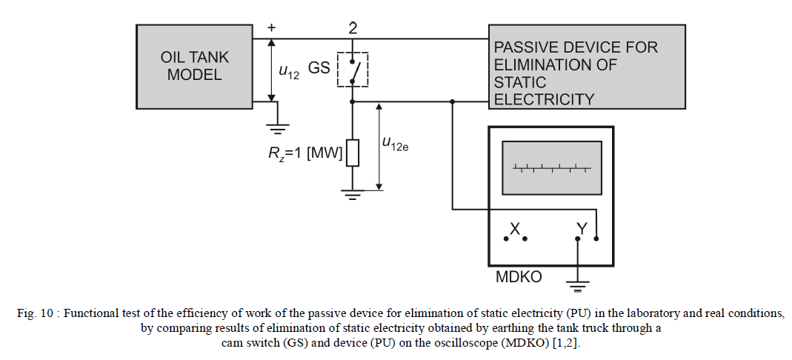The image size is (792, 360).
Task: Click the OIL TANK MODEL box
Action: point(194,66)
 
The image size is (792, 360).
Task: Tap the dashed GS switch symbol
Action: point(353,69)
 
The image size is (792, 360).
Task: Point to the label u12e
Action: point(395,144)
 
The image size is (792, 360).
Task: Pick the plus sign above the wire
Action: point(272,27)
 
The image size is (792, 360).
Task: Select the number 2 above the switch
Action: point(353,27)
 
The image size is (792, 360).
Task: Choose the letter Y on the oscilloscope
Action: point(582,230)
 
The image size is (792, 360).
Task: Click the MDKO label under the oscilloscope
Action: point(518,278)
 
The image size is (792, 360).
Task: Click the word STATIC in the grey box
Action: point(520,82)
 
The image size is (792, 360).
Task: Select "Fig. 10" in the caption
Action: point(36,313)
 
